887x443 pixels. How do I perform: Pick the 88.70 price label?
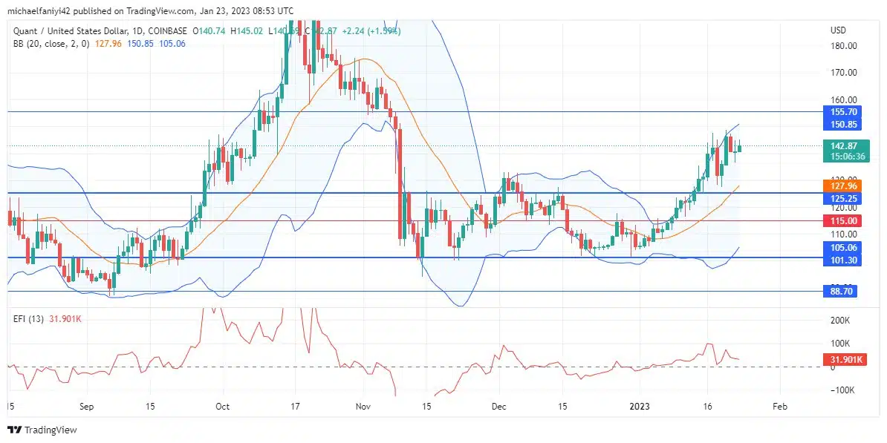click(x=840, y=292)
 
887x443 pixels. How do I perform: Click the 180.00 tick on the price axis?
click(x=844, y=46)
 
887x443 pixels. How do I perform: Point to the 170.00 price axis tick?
click(x=844, y=73)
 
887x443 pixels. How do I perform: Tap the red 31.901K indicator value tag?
click(x=844, y=360)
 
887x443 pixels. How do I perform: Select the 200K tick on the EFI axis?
click(x=839, y=321)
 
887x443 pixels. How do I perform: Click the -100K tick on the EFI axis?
click(x=841, y=390)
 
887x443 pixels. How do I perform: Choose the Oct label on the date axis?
click(x=222, y=407)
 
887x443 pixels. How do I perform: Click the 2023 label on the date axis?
click(x=640, y=407)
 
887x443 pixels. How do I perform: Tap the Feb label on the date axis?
click(x=779, y=407)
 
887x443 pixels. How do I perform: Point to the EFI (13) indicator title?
click(x=30, y=319)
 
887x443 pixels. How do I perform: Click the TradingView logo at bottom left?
click(x=42, y=430)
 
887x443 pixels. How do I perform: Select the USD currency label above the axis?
click(x=838, y=30)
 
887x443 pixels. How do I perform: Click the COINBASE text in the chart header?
click(x=167, y=31)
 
